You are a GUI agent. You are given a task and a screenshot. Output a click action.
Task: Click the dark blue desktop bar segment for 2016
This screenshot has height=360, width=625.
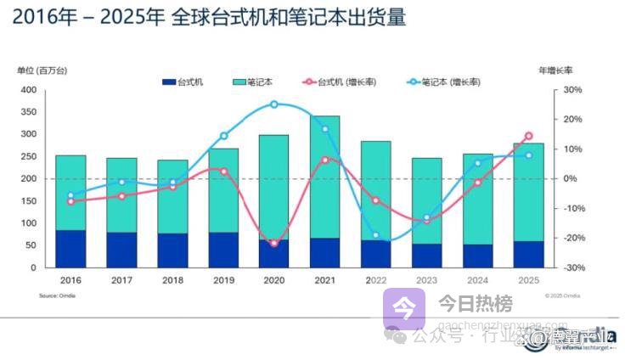pyautogui.click(x=70, y=249)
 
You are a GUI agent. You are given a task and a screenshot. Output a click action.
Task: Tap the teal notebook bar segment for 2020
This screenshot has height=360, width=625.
pyautogui.click(x=273, y=187)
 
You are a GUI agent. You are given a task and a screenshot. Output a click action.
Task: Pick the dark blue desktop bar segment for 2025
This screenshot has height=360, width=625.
pyautogui.click(x=528, y=254)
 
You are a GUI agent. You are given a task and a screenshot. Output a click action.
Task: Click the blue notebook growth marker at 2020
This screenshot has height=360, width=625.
pyautogui.click(x=274, y=104)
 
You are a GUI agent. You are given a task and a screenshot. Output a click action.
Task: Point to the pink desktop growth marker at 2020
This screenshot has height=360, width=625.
pyautogui.click(x=273, y=244)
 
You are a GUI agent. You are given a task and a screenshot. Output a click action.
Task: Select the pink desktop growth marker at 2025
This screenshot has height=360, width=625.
pyautogui.click(x=528, y=136)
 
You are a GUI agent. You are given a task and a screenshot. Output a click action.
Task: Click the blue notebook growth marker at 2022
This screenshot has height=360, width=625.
pyautogui.click(x=375, y=235)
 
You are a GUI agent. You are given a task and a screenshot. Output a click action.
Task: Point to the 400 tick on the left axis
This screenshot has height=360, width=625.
pyautogui.click(x=28, y=90)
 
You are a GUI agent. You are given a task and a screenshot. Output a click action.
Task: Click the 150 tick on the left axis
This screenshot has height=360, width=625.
pyautogui.click(x=28, y=201)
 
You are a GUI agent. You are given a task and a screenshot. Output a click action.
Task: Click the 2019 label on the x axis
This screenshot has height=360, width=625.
pyautogui.click(x=222, y=278)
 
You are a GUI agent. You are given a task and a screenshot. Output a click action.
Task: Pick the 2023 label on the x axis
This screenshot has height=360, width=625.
pyautogui.click(x=426, y=278)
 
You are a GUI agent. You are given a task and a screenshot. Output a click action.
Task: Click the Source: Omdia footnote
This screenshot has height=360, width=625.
pyautogui.click(x=54, y=295)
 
